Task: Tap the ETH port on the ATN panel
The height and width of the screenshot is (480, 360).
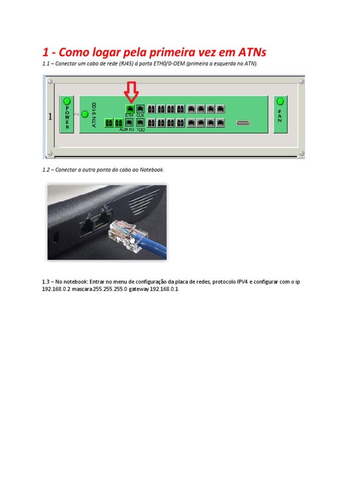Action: click(130, 109)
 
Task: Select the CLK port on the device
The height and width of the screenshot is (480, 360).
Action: click(140, 109)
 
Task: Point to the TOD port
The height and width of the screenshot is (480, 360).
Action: click(140, 123)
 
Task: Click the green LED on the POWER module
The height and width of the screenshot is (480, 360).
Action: click(67, 101)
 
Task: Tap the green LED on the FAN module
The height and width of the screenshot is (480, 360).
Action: click(280, 101)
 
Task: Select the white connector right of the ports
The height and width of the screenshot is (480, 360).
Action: click(242, 123)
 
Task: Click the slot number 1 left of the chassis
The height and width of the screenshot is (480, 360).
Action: click(50, 117)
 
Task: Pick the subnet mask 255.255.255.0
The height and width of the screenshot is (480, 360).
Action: click(110, 290)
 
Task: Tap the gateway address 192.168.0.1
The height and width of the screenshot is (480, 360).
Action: click(164, 290)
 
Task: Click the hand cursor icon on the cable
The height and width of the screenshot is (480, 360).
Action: click(133, 240)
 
